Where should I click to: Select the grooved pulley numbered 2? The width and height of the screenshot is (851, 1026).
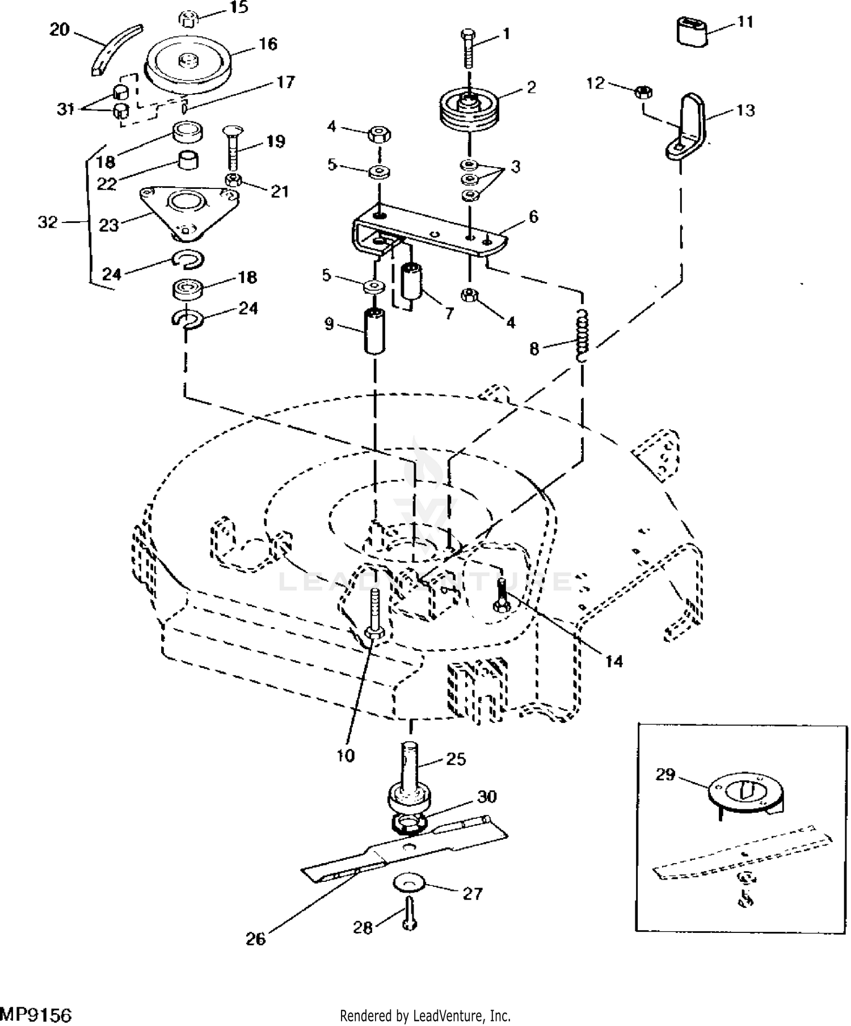tap(469, 111)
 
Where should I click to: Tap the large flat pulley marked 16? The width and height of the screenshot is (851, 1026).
tap(188, 63)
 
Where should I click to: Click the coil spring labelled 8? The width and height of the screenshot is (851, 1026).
tap(582, 335)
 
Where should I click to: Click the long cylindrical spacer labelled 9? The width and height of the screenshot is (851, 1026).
tap(374, 330)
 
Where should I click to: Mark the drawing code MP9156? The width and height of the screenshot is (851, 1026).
tap(36, 1015)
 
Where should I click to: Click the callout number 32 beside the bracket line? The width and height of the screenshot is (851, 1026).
tap(48, 222)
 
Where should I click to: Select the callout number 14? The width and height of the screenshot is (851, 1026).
tap(614, 662)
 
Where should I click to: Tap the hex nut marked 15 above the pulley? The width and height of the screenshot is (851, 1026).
tap(188, 19)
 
